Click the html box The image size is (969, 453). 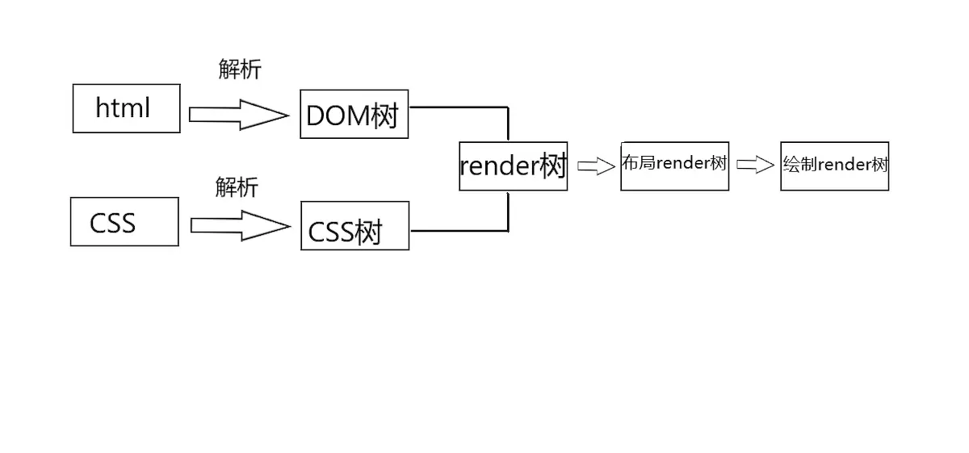click(x=126, y=108)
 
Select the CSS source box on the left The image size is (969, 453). click(x=124, y=222)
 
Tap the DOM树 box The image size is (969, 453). click(x=354, y=115)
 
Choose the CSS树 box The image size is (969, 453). click(x=354, y=226)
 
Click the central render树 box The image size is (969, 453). click(x=513, y=166)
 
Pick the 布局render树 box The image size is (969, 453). click(x=674, y=166)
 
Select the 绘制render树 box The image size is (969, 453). click(x=834, y=166)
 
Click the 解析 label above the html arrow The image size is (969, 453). click(x=240, y=69)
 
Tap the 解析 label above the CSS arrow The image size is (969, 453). click(x=237, y=187)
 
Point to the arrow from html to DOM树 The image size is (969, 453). click(x=238, y=115)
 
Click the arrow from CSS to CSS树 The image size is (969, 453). click(x=240, y=225)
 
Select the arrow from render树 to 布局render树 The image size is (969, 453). click(x=596, y=166)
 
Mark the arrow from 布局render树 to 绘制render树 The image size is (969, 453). click(x=755, y=166)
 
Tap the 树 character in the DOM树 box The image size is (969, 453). click(x=385, y=116)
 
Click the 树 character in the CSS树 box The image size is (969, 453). click(x=368, y=233)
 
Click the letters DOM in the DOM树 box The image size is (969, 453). click(x=338, y=116)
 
